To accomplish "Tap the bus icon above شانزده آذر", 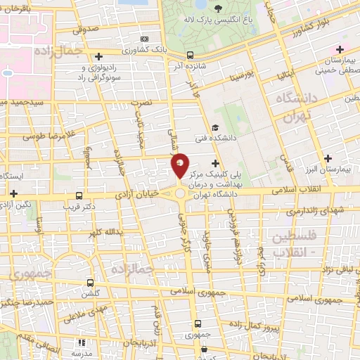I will point(191,54).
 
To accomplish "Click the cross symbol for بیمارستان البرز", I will point(326,157).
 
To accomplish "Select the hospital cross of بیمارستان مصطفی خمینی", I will point(340,49).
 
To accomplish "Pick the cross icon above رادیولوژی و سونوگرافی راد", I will point(98,56).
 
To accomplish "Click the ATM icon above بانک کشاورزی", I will point(144,39).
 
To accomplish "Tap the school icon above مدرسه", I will point(82,342).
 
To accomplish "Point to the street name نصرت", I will point(142,102).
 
